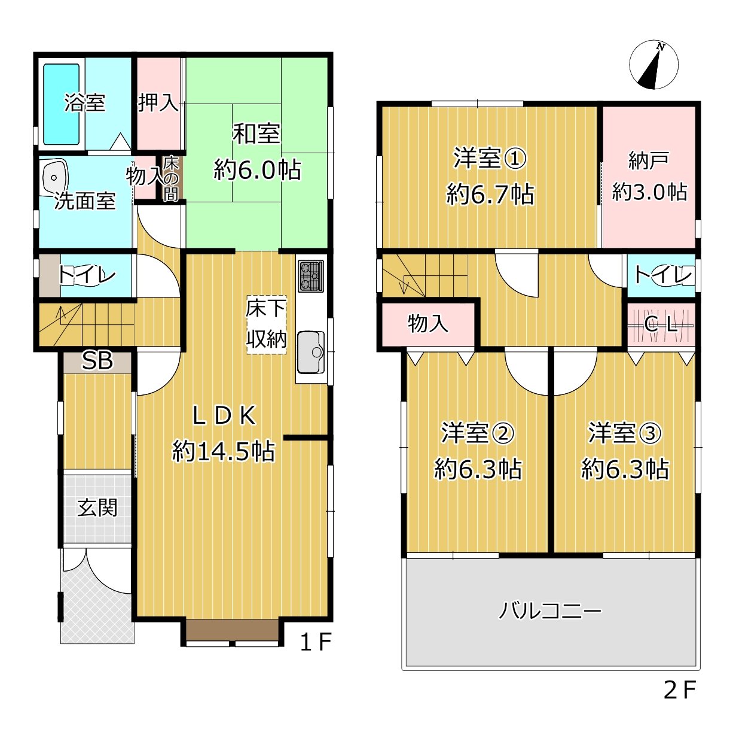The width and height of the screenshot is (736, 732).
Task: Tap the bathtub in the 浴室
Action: (61, 104)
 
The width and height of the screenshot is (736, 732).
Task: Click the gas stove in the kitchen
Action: (310, 276)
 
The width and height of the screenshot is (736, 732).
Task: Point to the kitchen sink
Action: (310, 352)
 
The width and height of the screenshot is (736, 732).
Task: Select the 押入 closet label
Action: (158, 102)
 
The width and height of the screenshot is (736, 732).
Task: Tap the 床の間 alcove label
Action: (171, 178)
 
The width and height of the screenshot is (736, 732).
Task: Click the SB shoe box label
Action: (97, 361)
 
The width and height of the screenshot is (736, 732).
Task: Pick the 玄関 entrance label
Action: (97, 508)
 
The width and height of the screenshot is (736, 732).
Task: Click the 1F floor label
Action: (315, 642)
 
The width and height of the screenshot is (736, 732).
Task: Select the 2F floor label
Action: (680, 690)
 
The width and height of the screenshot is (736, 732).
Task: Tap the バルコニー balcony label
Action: (550, 611)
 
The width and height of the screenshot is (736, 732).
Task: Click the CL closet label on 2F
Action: (661, 325)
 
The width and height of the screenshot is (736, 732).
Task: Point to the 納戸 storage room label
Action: (649, 160)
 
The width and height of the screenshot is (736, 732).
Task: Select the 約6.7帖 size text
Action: (490, 195)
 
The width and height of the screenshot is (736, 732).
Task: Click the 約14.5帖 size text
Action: (224, 451)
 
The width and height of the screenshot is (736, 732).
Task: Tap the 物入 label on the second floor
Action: (427, 324)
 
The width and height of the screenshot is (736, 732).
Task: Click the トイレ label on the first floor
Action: (87, 275)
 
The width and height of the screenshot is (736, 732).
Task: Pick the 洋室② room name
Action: (477, 433)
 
